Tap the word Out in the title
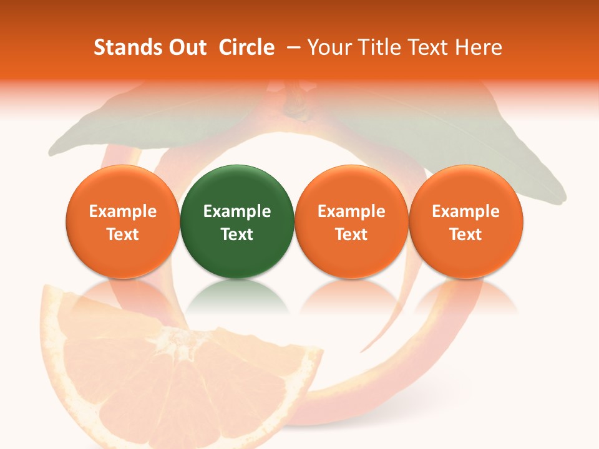pos(185,47)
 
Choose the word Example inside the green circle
pos(237,211)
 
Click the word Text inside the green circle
pos(237,234)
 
